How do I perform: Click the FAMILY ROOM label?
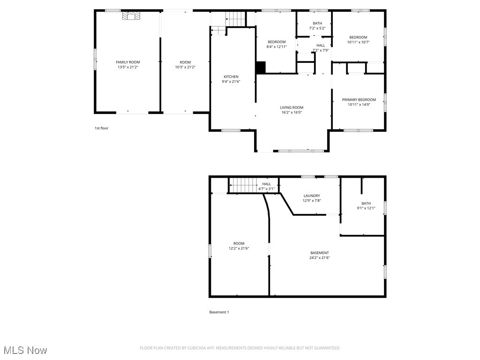127,62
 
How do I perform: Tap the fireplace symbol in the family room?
131,16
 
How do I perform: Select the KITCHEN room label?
231,77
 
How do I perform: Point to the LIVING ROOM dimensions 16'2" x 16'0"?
292,112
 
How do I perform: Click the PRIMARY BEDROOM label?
359,100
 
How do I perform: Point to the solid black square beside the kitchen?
261,67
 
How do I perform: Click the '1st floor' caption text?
101,128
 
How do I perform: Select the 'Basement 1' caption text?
219,312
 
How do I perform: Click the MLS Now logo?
25,350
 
